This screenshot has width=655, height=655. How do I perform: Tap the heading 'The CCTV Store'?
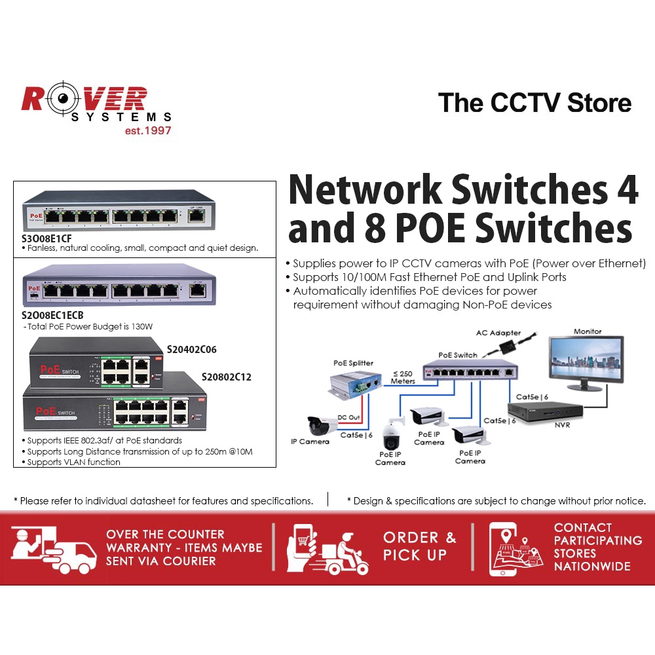point(534,103)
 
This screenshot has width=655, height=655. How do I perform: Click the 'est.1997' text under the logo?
point(148,130)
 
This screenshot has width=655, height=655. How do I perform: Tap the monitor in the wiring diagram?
point(587,362)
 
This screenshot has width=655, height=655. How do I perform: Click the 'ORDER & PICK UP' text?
point(419,546)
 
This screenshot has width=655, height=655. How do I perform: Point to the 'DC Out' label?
point(348,417)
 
